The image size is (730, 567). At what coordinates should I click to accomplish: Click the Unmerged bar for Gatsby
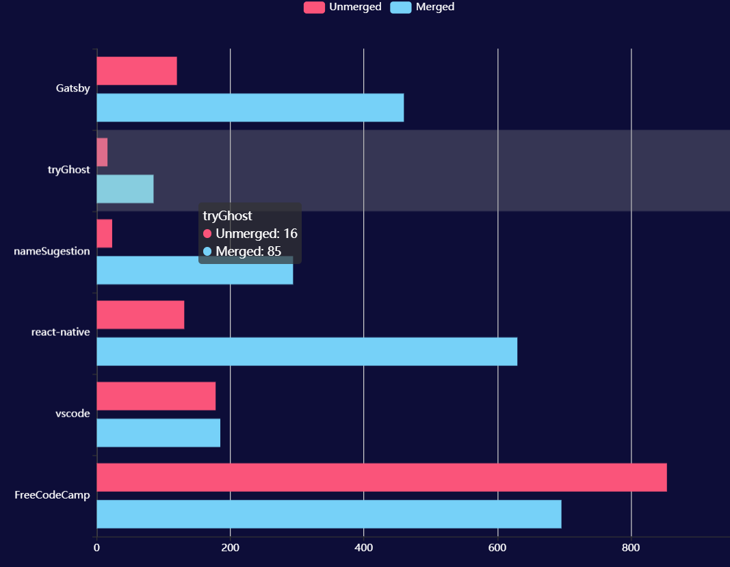pos(137,71)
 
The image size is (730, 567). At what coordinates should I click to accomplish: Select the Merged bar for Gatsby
pos(250,107)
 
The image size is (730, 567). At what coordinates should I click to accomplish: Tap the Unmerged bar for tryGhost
pos(102,152)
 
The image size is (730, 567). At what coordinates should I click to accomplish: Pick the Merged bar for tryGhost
pos(125,189)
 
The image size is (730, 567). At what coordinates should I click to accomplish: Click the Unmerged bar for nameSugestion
pos(104,233)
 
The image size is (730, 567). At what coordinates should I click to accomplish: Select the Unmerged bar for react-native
pos(140,315)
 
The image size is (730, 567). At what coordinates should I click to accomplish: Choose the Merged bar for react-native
pos(307,352)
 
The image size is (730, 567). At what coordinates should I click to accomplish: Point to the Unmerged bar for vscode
pos(156,396)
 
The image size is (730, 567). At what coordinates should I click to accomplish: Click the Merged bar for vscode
pos(158,433)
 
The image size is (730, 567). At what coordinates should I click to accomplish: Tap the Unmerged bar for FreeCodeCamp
pos(381,477)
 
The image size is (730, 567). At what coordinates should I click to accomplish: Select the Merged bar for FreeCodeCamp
pos(328,514)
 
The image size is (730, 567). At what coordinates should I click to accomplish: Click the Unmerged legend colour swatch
pos(314,8)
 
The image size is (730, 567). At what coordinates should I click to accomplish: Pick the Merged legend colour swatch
pos(401,8)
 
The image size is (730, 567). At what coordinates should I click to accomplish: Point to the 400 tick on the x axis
pos(363,548)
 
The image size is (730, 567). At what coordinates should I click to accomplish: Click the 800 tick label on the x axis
pos(631,548)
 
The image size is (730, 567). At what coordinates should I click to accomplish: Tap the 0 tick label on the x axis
pos(96,548)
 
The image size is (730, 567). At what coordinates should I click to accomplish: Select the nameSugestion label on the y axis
pos(52,251)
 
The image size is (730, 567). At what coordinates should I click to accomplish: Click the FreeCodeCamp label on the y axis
pos(52,495)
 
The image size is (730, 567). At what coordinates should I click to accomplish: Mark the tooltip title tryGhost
pos(228,216)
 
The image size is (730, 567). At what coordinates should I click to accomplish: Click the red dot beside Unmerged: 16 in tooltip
pos(207,234)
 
